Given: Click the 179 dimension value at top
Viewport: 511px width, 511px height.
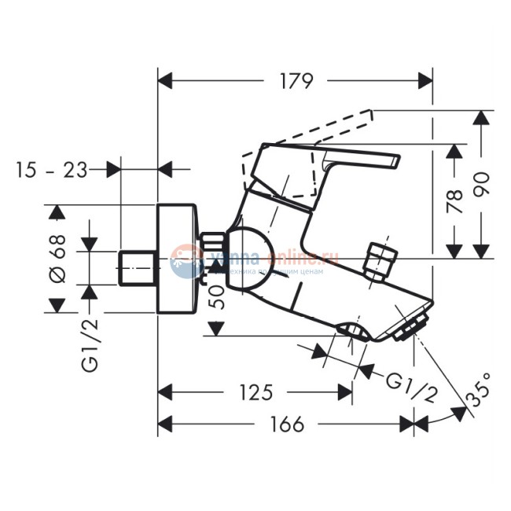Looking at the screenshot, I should click(x=296, y=81).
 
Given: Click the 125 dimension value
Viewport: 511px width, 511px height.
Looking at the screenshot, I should click(x=256, y=392).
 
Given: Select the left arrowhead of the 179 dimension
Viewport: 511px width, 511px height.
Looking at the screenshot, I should click(x=164, y=81).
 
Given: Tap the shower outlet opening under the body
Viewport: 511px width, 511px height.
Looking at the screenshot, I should click(x=351, y=331).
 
